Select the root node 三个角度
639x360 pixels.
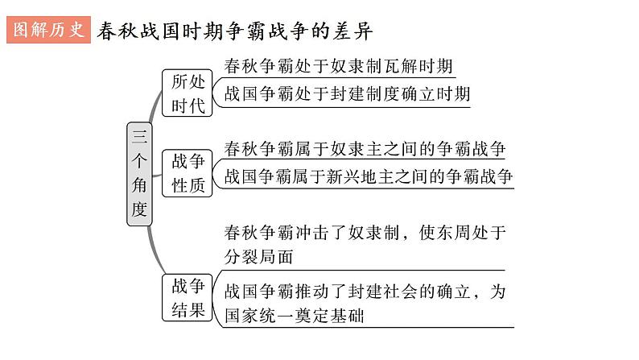pyautogui.click(x=139, y=175)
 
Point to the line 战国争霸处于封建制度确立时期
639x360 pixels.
pyautogui.click(x=347, y=93)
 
